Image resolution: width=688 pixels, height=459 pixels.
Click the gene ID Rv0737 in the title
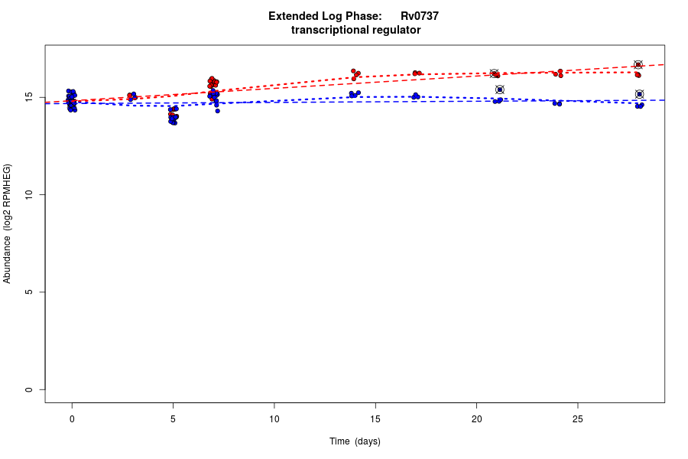click(419, 16)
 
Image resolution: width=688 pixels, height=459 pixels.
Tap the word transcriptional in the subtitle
click(328, 30)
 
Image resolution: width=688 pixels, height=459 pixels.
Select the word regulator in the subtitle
click(394, 30)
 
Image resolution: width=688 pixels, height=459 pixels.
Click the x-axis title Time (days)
click(355, 441)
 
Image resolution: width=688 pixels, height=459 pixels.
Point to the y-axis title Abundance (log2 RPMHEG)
click(8, 223)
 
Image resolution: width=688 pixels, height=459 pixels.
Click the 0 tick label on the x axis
click(72, 418)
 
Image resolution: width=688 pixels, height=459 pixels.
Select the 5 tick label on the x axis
click(173, 418)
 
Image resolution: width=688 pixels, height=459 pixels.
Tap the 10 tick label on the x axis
click(274, 418)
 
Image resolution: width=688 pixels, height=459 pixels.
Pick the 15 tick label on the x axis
click(375, 418)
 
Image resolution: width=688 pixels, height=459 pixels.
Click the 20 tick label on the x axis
click(476, 418)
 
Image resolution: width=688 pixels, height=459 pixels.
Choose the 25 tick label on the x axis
click(577, 418)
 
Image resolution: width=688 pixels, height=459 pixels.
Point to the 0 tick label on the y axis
click(28, 389)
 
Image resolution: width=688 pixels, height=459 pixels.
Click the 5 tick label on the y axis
click(28, 292)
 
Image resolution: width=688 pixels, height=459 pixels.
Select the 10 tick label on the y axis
click(28, 195)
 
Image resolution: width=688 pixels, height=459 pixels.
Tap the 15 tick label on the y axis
click(28, 97)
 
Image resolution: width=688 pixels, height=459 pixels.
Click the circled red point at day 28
click(638, 65)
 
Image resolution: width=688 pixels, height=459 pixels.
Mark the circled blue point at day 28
click(639, 94)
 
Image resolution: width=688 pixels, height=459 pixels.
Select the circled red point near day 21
click(494, 73)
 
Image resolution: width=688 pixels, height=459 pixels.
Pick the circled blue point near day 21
click(499, 90)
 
